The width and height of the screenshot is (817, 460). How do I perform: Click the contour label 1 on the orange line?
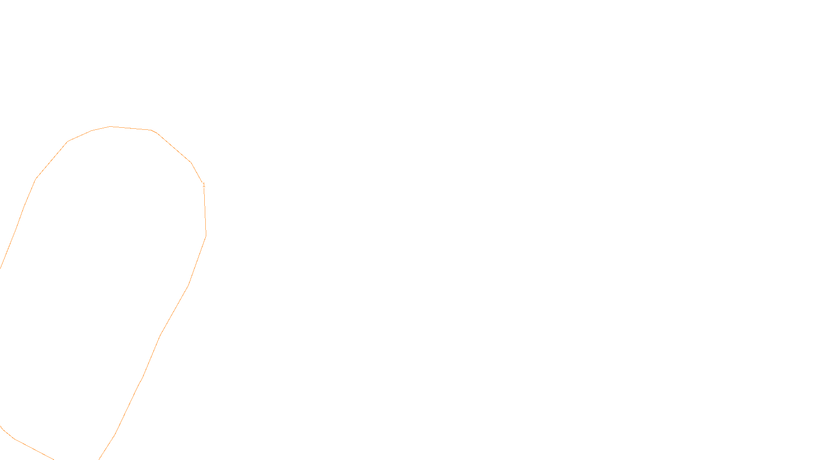point(204,185)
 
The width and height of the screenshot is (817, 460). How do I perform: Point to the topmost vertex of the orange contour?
point(111,126)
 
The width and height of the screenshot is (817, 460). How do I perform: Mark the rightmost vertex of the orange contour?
point(206,236)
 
